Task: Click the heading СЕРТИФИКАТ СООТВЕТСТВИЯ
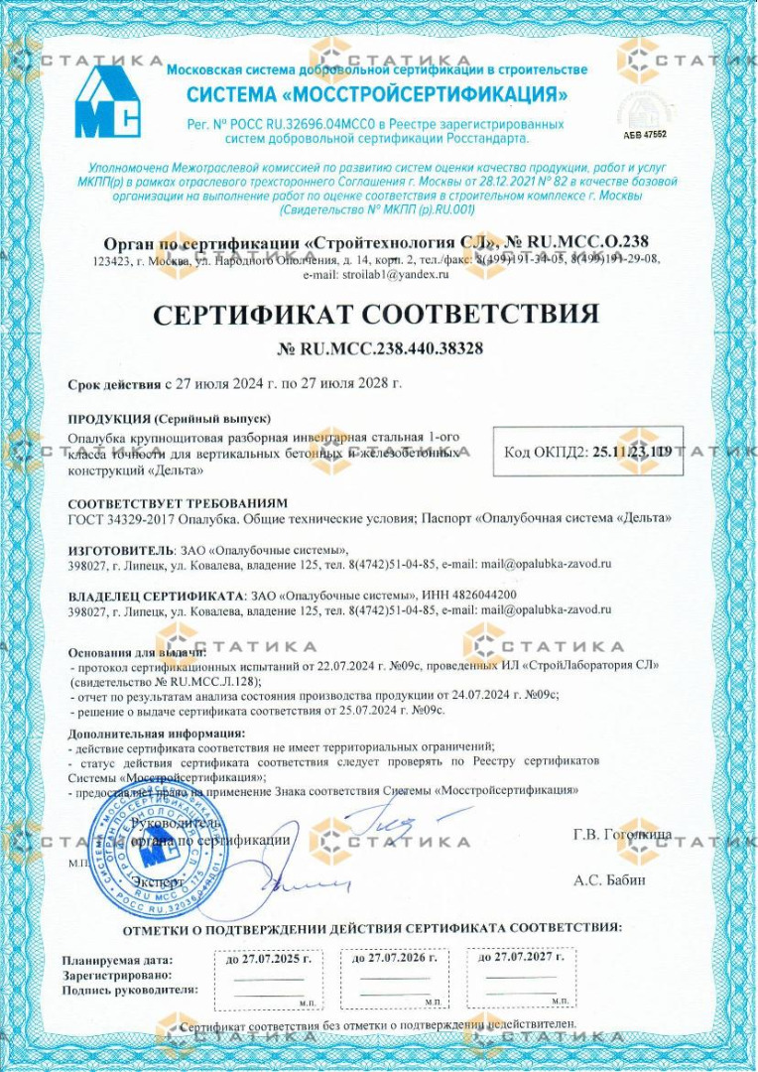377,316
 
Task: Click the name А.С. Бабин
609,879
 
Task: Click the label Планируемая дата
117,960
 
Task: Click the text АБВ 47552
645,133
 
